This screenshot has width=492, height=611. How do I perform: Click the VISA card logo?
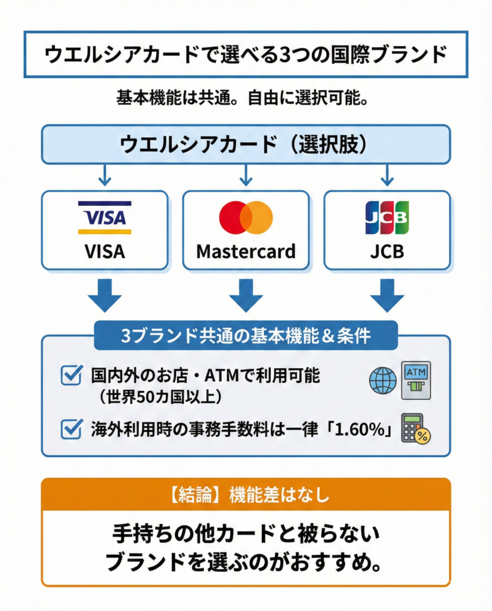click(x=104, y=217)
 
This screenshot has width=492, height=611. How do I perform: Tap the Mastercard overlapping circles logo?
click(x=246, y=217)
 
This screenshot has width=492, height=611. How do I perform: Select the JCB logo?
click(x=387, y=217)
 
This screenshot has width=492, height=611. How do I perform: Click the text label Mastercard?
click(x=246, y=251)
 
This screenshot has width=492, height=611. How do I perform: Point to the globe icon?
click(x=383, y=380)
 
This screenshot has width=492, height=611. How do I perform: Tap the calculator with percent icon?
click(x=416, y=428)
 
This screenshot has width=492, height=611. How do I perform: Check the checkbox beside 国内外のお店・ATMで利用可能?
click(x=72, y=375)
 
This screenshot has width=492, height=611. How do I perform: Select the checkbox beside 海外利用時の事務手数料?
click(x=72, y=428)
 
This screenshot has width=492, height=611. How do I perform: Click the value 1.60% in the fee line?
click(x=361, y=428)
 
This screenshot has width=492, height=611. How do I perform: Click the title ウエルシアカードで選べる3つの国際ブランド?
click(x=246, y=55)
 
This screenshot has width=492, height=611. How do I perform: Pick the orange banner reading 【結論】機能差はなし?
click(x=246, y=495)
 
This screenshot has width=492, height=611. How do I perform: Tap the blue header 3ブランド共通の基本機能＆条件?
click(x=246, y=336)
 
